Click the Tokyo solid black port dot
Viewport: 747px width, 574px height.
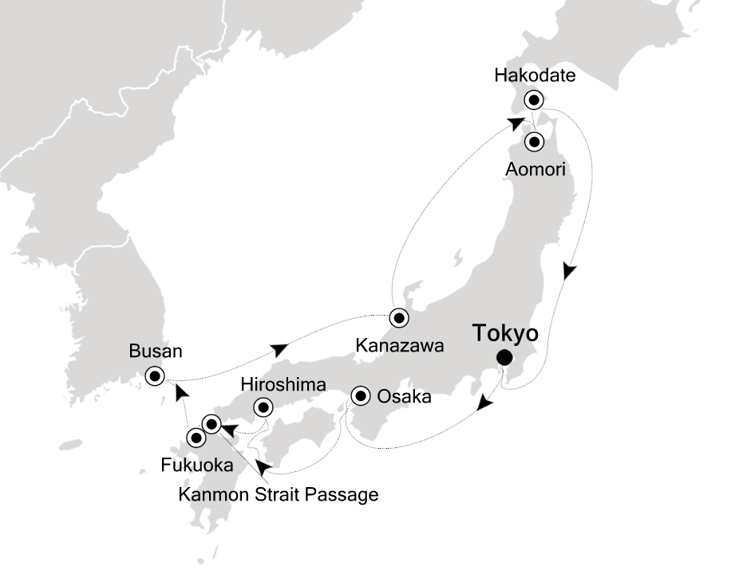504,357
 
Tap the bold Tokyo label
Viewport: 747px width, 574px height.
504,332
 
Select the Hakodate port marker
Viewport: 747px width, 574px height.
533,100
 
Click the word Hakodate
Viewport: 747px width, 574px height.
535,77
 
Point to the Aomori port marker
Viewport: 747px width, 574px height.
533,142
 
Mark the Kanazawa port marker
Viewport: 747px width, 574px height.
398,316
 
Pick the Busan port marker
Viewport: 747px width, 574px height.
155,375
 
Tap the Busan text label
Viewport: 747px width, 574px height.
155,352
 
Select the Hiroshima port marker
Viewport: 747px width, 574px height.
262,408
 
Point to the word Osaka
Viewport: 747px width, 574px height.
405,396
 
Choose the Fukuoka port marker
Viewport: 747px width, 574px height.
195,437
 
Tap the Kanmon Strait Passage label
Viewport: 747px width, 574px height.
278,495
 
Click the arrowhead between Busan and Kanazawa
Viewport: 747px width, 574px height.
279,349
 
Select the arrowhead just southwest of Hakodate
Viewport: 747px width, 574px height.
517,122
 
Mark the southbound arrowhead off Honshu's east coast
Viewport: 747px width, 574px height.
567,271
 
